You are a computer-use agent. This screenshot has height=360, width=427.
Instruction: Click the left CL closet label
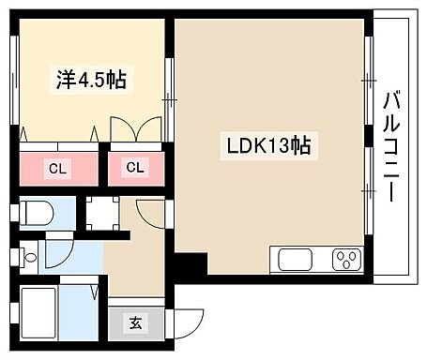[x=57, y=169]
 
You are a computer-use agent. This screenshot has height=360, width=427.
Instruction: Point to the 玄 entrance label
[x=135, y=323]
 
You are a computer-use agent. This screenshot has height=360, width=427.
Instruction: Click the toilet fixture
[x=38, y=214]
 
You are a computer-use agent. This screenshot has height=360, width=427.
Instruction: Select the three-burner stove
[x=344, y=259]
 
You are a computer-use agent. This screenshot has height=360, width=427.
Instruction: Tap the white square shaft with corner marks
[x=101, y=214]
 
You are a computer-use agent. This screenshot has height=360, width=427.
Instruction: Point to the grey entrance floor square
[x=135, y=323]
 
